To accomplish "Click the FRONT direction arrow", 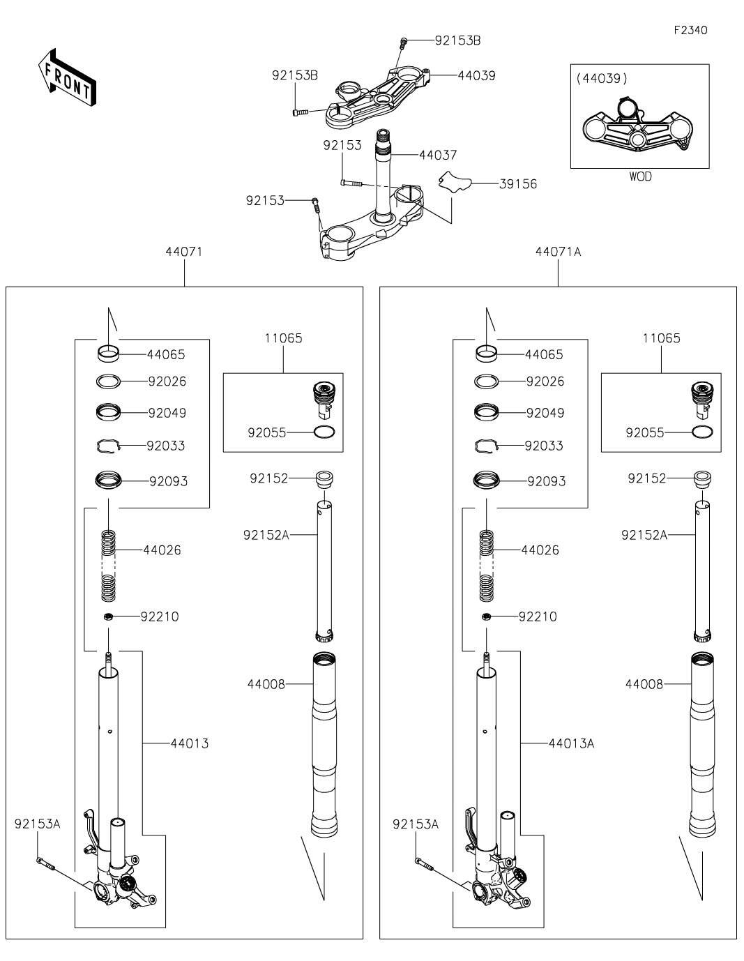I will click(67, 78).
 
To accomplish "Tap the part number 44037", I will click(438, 155).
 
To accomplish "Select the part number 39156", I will click(518, 184).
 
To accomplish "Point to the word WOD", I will click(640, 177).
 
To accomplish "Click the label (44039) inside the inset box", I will click(602, 79).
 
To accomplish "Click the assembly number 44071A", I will click(558, 252).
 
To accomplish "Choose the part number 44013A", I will click(571, 743).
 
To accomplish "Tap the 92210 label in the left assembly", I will click(160, 616).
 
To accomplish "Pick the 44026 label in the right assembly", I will click(540, 550).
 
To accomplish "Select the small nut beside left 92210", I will click(108, 616).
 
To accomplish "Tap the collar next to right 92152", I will click(701, 479).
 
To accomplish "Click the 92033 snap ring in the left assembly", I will click(109, 446).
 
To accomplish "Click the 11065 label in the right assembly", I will click(661, 338).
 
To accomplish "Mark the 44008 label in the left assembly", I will click(266, 684).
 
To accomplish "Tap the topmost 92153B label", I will click(457, 40).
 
